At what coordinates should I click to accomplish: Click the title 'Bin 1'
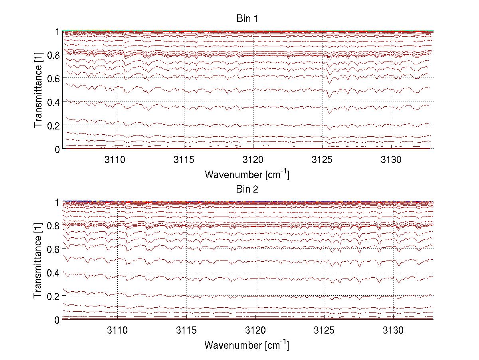(247, 19)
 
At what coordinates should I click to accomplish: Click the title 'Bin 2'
(247, 189)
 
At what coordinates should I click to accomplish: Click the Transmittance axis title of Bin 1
(38, 90)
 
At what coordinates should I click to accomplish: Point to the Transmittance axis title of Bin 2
(38, 261)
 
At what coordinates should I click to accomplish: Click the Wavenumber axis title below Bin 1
(247, 174)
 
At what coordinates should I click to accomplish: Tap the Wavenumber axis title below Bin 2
(247, 345)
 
